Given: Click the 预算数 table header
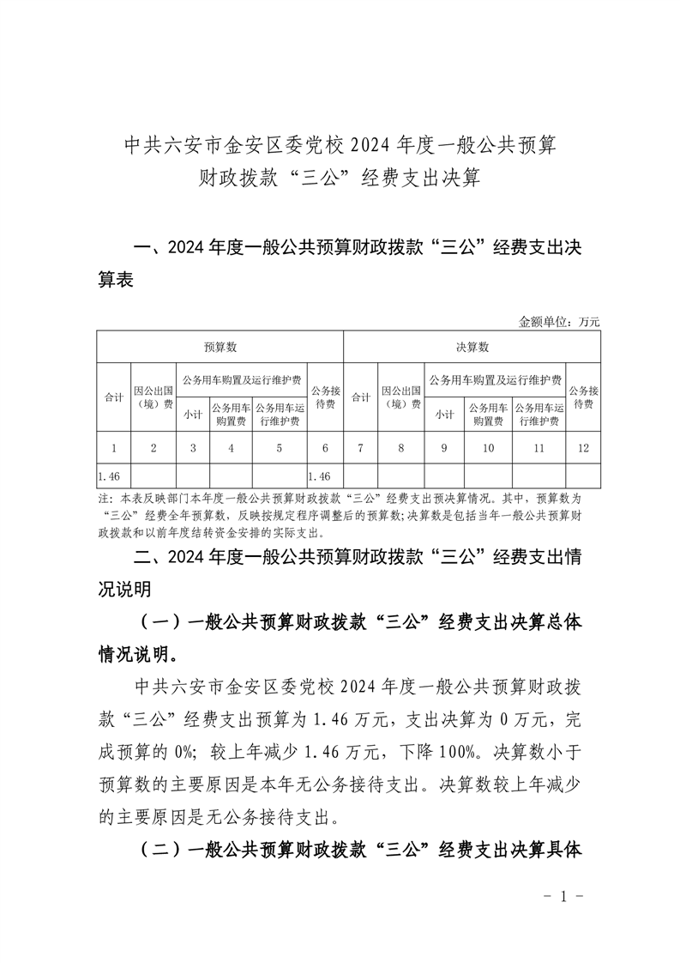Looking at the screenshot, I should (x=220, y=347).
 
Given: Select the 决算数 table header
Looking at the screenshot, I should (x=472, y=347).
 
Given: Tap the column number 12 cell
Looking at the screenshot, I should (x=583, y=448).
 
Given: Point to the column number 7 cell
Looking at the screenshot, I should (x=361, y=448).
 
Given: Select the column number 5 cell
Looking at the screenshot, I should (x=279, y=448).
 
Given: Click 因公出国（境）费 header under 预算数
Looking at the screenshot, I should (x=153, y=397).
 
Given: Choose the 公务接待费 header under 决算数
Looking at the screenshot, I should (x=583, y=397).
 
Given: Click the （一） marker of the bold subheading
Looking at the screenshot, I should (x=159, y=621).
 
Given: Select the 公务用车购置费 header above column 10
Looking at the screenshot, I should (x=489, y=415).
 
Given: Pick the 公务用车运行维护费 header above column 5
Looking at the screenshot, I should (x=279, y=415).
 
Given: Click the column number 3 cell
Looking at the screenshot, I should (x=193, y=448).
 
